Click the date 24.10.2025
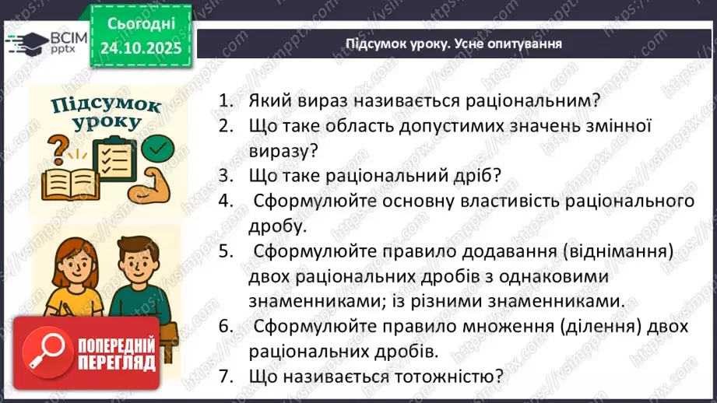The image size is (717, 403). point(139,47)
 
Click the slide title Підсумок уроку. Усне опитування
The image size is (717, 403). point(454,44)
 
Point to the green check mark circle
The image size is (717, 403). point(160,145)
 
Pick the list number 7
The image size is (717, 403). point(227,377)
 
